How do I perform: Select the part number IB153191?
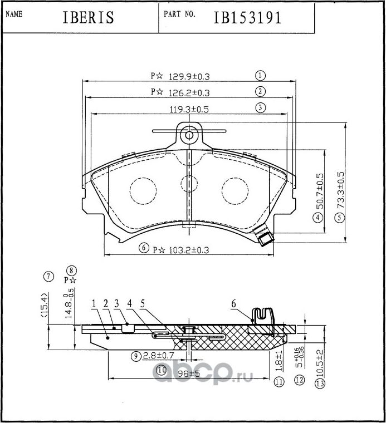click(247, 17)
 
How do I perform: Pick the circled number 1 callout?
click(260, 76)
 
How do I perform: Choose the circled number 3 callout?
click(260, 108)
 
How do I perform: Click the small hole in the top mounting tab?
click(189, 135)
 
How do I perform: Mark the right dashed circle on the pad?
click(234, 191)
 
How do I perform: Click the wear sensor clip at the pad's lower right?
click(264, 239)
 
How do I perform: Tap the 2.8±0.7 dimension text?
click(158, 355)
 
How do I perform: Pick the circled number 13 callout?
click(319, 383)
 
